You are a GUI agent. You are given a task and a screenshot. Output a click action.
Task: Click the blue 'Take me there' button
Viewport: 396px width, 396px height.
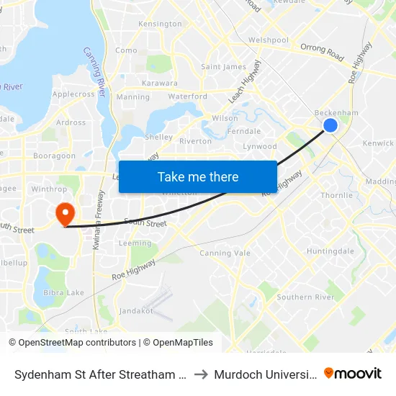(198, 176)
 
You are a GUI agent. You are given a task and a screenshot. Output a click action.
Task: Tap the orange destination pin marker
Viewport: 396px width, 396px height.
(65, 213)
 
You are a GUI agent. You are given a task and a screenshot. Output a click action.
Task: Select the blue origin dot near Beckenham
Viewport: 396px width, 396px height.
(330, 125)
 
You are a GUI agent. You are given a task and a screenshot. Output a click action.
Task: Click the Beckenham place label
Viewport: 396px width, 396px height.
(336, 113)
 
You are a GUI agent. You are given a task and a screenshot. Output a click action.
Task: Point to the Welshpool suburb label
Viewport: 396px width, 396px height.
(268, 40)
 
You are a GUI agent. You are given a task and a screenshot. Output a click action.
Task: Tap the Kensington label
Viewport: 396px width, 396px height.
(160, 24)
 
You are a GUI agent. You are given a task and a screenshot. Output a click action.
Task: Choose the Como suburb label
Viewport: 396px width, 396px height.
(126, 50)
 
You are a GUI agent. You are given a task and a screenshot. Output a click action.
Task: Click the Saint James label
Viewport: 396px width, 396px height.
(223, 67)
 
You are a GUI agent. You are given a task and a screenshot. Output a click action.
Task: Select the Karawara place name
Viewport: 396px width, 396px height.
(160, 83)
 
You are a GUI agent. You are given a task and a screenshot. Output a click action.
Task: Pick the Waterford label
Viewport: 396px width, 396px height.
(187, 96)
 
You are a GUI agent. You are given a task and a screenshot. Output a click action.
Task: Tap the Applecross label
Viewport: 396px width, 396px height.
(73, 94)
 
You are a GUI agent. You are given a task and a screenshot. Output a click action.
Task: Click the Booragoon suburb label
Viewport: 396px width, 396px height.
(54, 155)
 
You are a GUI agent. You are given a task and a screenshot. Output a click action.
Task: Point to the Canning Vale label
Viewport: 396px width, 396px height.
(225, 253)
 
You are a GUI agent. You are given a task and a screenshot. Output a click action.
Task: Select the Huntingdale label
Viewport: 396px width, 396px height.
(330, 251)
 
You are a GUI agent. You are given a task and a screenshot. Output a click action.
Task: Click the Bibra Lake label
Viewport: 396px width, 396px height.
(63, 292)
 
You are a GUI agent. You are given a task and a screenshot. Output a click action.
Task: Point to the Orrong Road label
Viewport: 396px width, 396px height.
(323, 52)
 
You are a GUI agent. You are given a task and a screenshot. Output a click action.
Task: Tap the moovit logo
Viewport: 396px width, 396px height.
(353, 373)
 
